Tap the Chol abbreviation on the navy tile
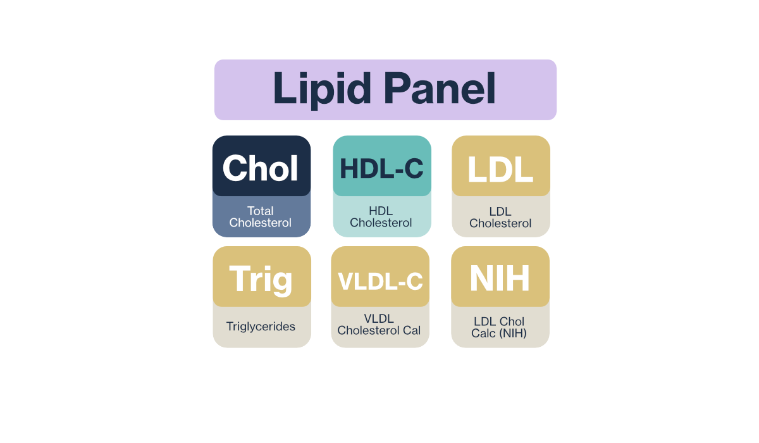coord(260,168)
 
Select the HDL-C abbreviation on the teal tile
coord(381,168)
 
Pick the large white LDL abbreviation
coord(500,170)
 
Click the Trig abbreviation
coord(261,279)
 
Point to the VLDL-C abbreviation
coord(380,282)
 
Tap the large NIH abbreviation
coord(500,278)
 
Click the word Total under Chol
coord(260,211)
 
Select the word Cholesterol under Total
coord(260,223)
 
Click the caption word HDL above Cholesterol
coord(381,211)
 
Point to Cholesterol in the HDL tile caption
coord(381,223)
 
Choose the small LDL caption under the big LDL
coord(500,211)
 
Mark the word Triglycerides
coord(261,327)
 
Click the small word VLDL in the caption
coord(379,318)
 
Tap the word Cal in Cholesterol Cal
coord(412,330)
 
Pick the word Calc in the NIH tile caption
coord(483,333)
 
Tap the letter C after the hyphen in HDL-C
coord(414,168)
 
